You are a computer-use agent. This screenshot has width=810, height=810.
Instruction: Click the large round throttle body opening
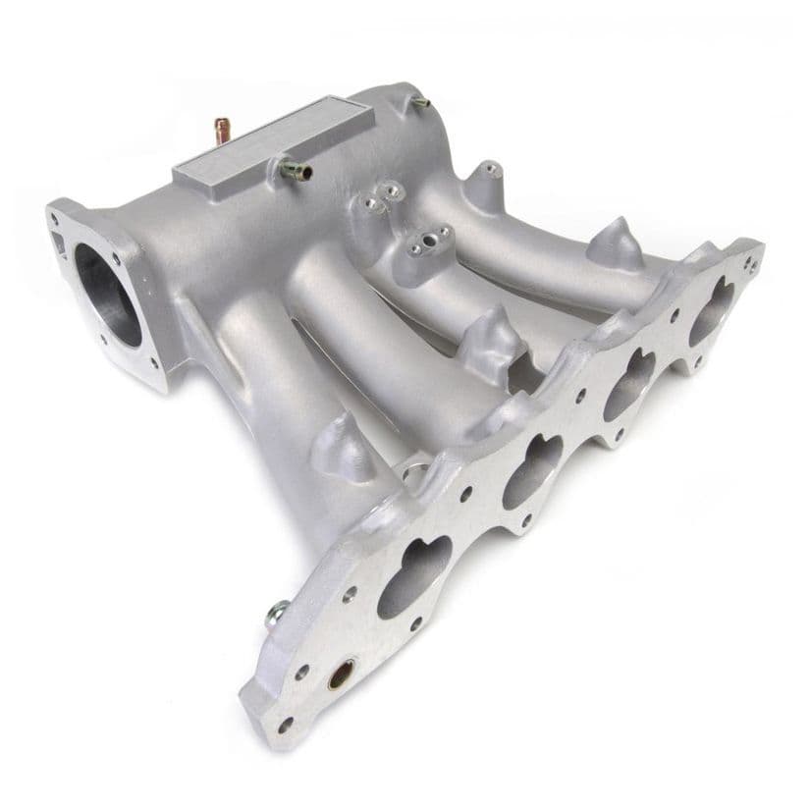coord(106,294)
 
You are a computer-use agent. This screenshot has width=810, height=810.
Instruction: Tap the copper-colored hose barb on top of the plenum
coord(223,129)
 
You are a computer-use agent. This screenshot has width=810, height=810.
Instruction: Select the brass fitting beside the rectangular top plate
coord(296,170)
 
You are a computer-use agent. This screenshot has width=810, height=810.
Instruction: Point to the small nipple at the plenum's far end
coord(420,101)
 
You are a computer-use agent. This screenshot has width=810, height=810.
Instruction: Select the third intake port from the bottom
coord(628,384)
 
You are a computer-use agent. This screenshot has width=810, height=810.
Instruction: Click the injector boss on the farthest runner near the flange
coord(615,244)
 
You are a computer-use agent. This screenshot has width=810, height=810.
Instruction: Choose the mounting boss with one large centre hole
coord(429,242)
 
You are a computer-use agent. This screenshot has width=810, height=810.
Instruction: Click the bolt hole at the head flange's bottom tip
coord(286,725)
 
